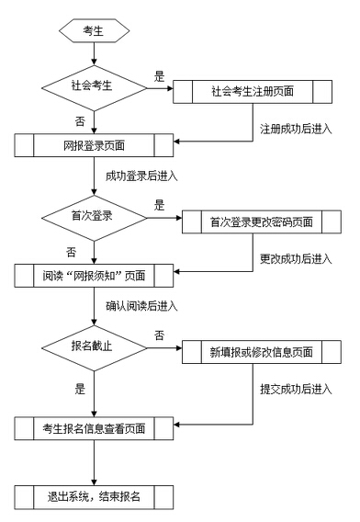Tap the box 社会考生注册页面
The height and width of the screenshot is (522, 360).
coord(254,91)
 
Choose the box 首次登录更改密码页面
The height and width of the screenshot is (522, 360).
coord(261,221)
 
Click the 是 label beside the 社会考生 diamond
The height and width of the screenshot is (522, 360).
coord(159,77)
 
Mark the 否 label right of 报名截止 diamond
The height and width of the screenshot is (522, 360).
coord(159,335)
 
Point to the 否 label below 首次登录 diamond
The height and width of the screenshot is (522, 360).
coord(71,250)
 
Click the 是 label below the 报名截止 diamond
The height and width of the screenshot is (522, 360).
coord(80,389)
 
